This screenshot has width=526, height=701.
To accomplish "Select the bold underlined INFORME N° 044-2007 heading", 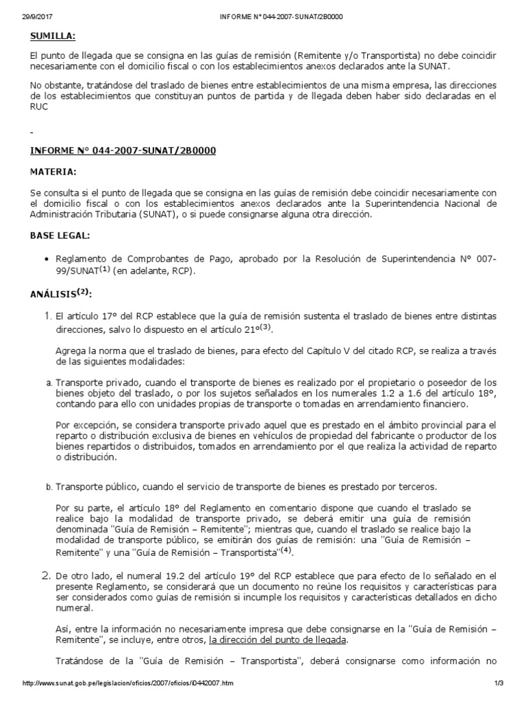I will pos(123,150).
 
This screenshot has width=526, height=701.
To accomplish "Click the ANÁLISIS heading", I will pos(60,294).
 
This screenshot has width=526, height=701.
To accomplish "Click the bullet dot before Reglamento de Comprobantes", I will pos(46,259).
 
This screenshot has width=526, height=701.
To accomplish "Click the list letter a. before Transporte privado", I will pos(48,382).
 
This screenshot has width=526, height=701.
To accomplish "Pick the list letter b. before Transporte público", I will pos(48,487).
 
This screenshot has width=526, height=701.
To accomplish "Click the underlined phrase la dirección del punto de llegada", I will pos(278,639).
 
